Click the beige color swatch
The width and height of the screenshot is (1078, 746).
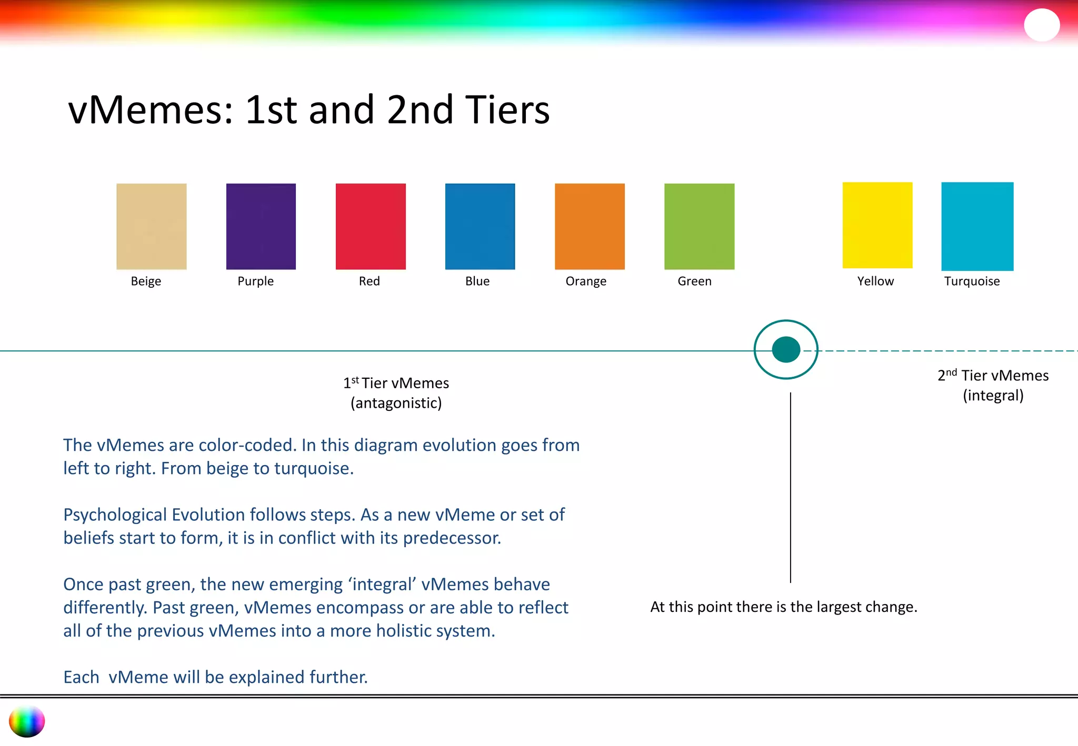click(152, 226)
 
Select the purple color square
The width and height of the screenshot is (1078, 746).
click(261, 226)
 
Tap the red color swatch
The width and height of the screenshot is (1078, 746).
click(371, 226)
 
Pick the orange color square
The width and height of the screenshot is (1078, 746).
click(590, 226)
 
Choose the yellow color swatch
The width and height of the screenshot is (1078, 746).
click(877, 225)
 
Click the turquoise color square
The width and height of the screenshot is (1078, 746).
click(977, 226)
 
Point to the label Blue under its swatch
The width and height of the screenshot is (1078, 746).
click(477, 281)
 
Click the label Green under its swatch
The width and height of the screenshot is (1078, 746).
click(694, 281)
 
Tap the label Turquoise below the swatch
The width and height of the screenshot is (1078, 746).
click(972, 281)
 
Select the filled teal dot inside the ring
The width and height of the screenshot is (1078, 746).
click(786, 350)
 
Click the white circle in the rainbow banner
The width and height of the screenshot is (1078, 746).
click(1042, 25)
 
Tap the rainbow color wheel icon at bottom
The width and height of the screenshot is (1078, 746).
click(27, 721)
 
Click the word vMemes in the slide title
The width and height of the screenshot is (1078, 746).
click(151, 110)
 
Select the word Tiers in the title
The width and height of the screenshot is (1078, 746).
click(507, 110)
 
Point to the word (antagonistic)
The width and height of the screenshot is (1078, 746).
click(396, 404)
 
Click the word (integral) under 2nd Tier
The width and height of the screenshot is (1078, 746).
click(993, 396)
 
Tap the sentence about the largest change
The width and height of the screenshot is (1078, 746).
click(784, 607)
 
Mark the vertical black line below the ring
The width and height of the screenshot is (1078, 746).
click(791, 487)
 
